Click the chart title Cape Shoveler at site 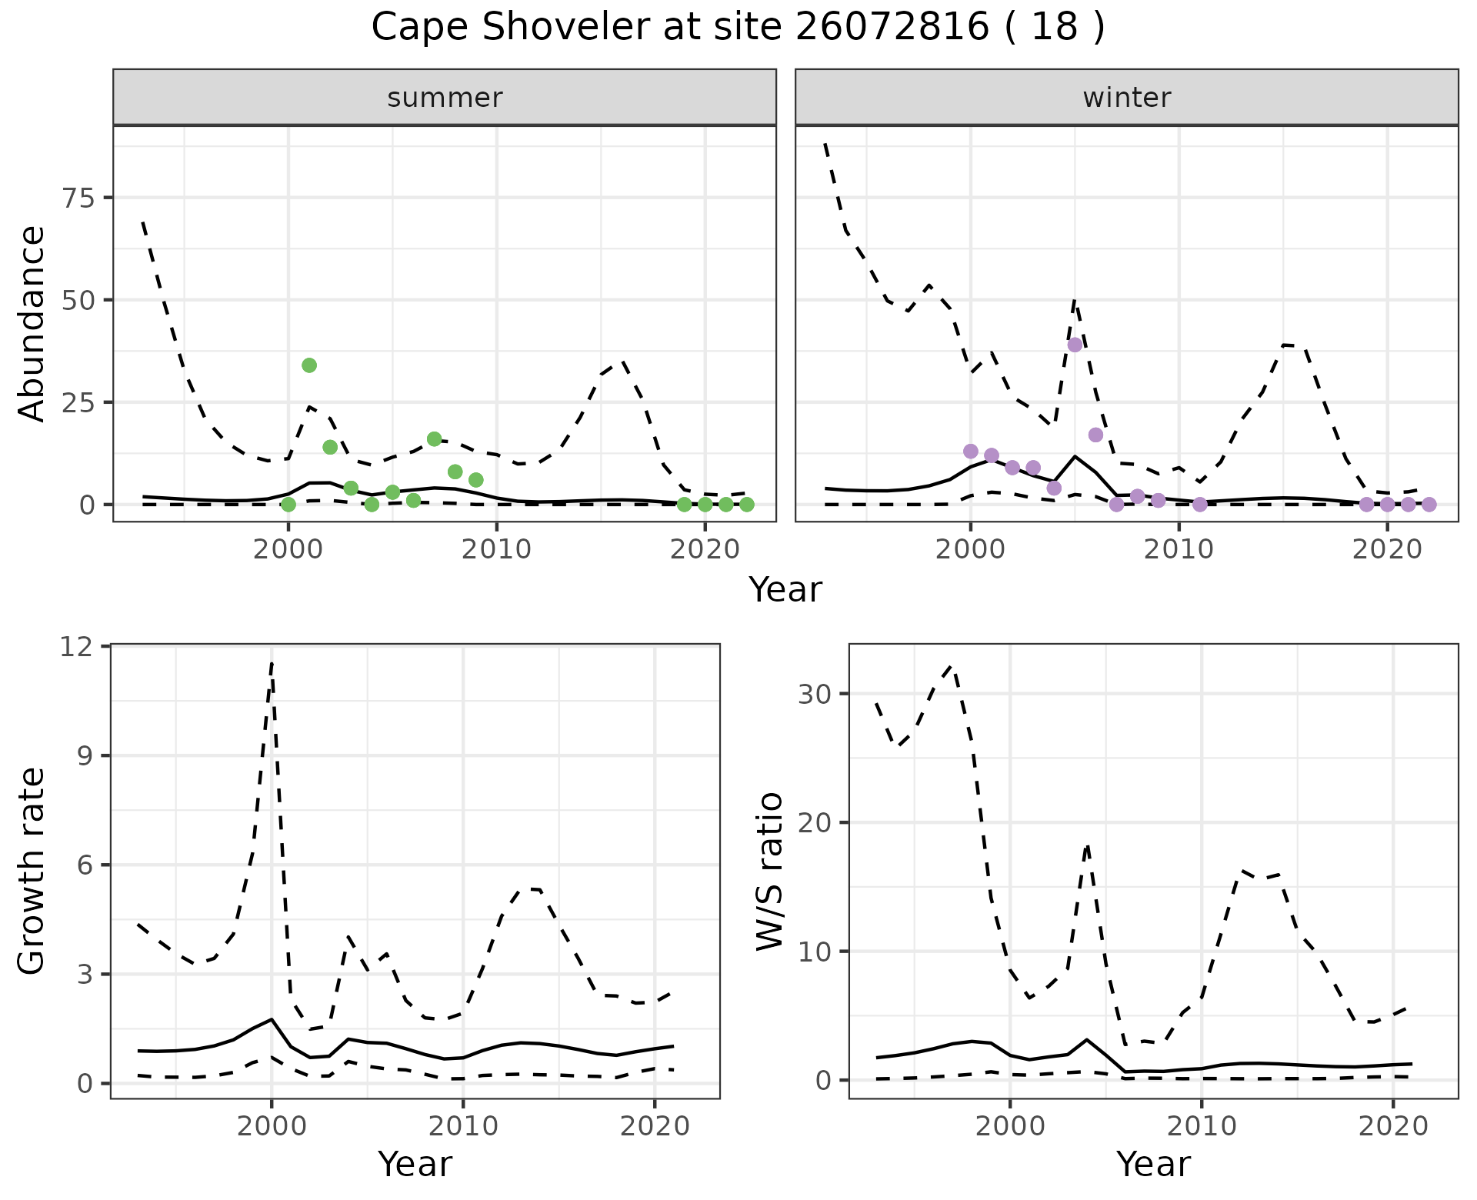coord(738,28)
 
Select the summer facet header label coord(445,98)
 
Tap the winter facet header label coord(1126,98)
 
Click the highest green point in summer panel coord(309,365)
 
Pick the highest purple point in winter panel coord(1075,345)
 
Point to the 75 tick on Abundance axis coord(75,198)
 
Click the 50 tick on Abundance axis coord(75,300)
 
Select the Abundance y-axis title coord(32,324)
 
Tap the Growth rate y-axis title coord(32,871)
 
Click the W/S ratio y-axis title coord(770,871)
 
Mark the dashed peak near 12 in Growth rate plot coord(272,663)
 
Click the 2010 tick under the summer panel coord(496,549)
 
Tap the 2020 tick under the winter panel coord(1387,549)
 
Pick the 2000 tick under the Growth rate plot coord(271,1126)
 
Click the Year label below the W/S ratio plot coord(1153,1165)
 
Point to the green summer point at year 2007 coord(434,439)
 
